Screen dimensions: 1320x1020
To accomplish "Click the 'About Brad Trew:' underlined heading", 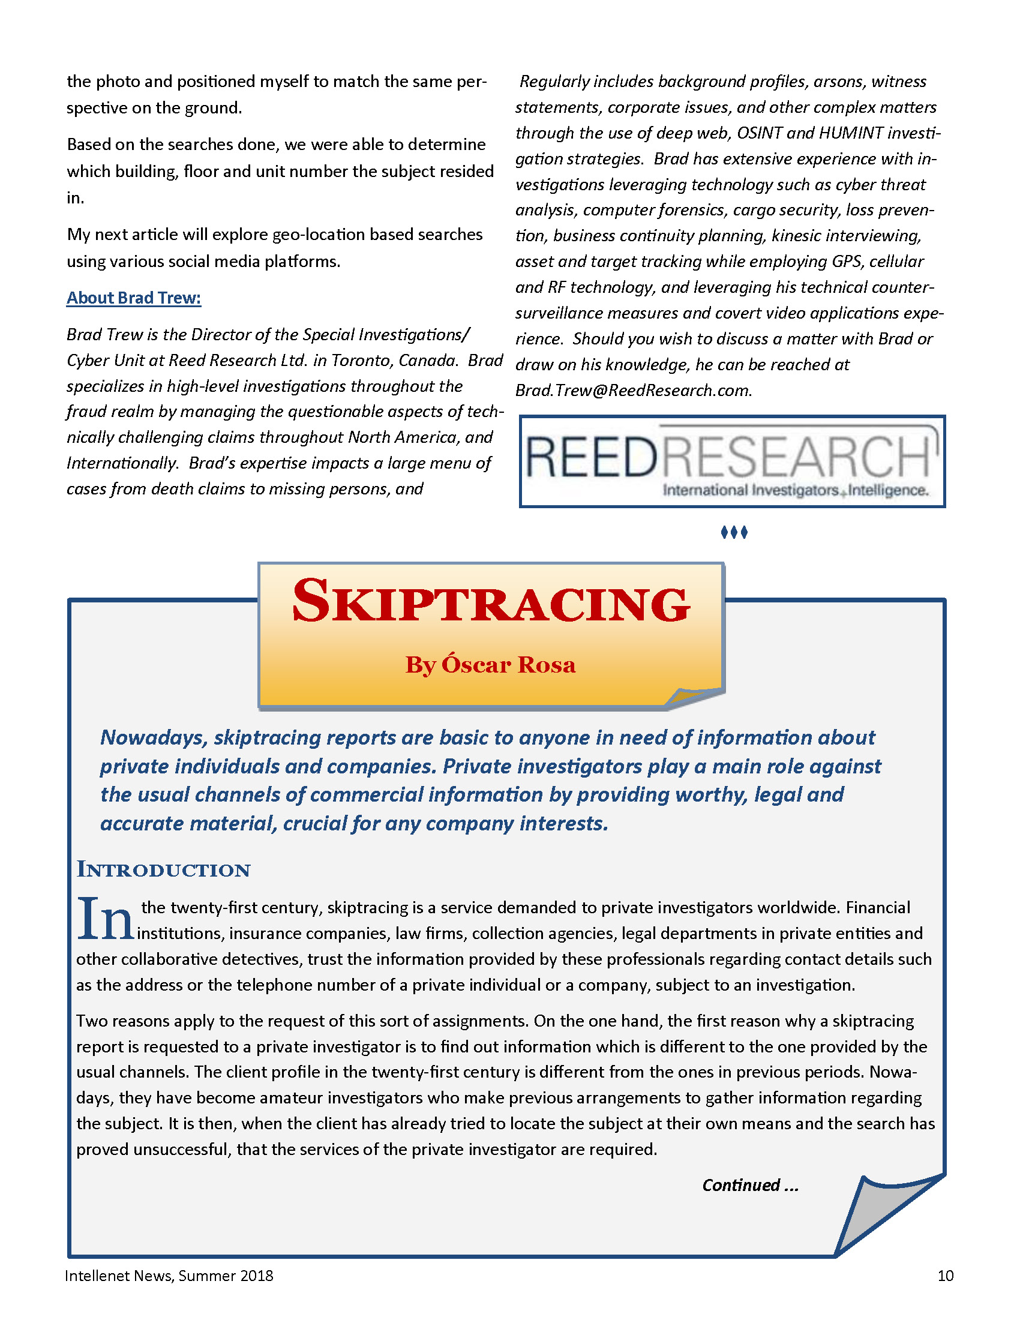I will (134, 298).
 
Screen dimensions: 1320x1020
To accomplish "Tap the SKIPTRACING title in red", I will (490, 602).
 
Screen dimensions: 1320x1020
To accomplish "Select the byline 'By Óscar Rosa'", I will (490, 665).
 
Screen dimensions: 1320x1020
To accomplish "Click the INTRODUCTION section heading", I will (163, 870).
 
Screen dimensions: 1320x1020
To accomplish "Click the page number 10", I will (945, 1275).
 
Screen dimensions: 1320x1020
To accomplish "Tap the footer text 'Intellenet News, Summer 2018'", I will (169, 1275).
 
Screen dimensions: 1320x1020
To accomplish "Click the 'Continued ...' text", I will (750, 1185).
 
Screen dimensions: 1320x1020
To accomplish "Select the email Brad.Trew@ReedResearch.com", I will (633, 391).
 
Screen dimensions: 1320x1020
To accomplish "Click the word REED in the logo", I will (591, 457).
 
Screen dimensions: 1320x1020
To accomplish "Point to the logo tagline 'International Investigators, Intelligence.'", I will (795, 490).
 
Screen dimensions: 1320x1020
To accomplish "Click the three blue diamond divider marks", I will (734, 532).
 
